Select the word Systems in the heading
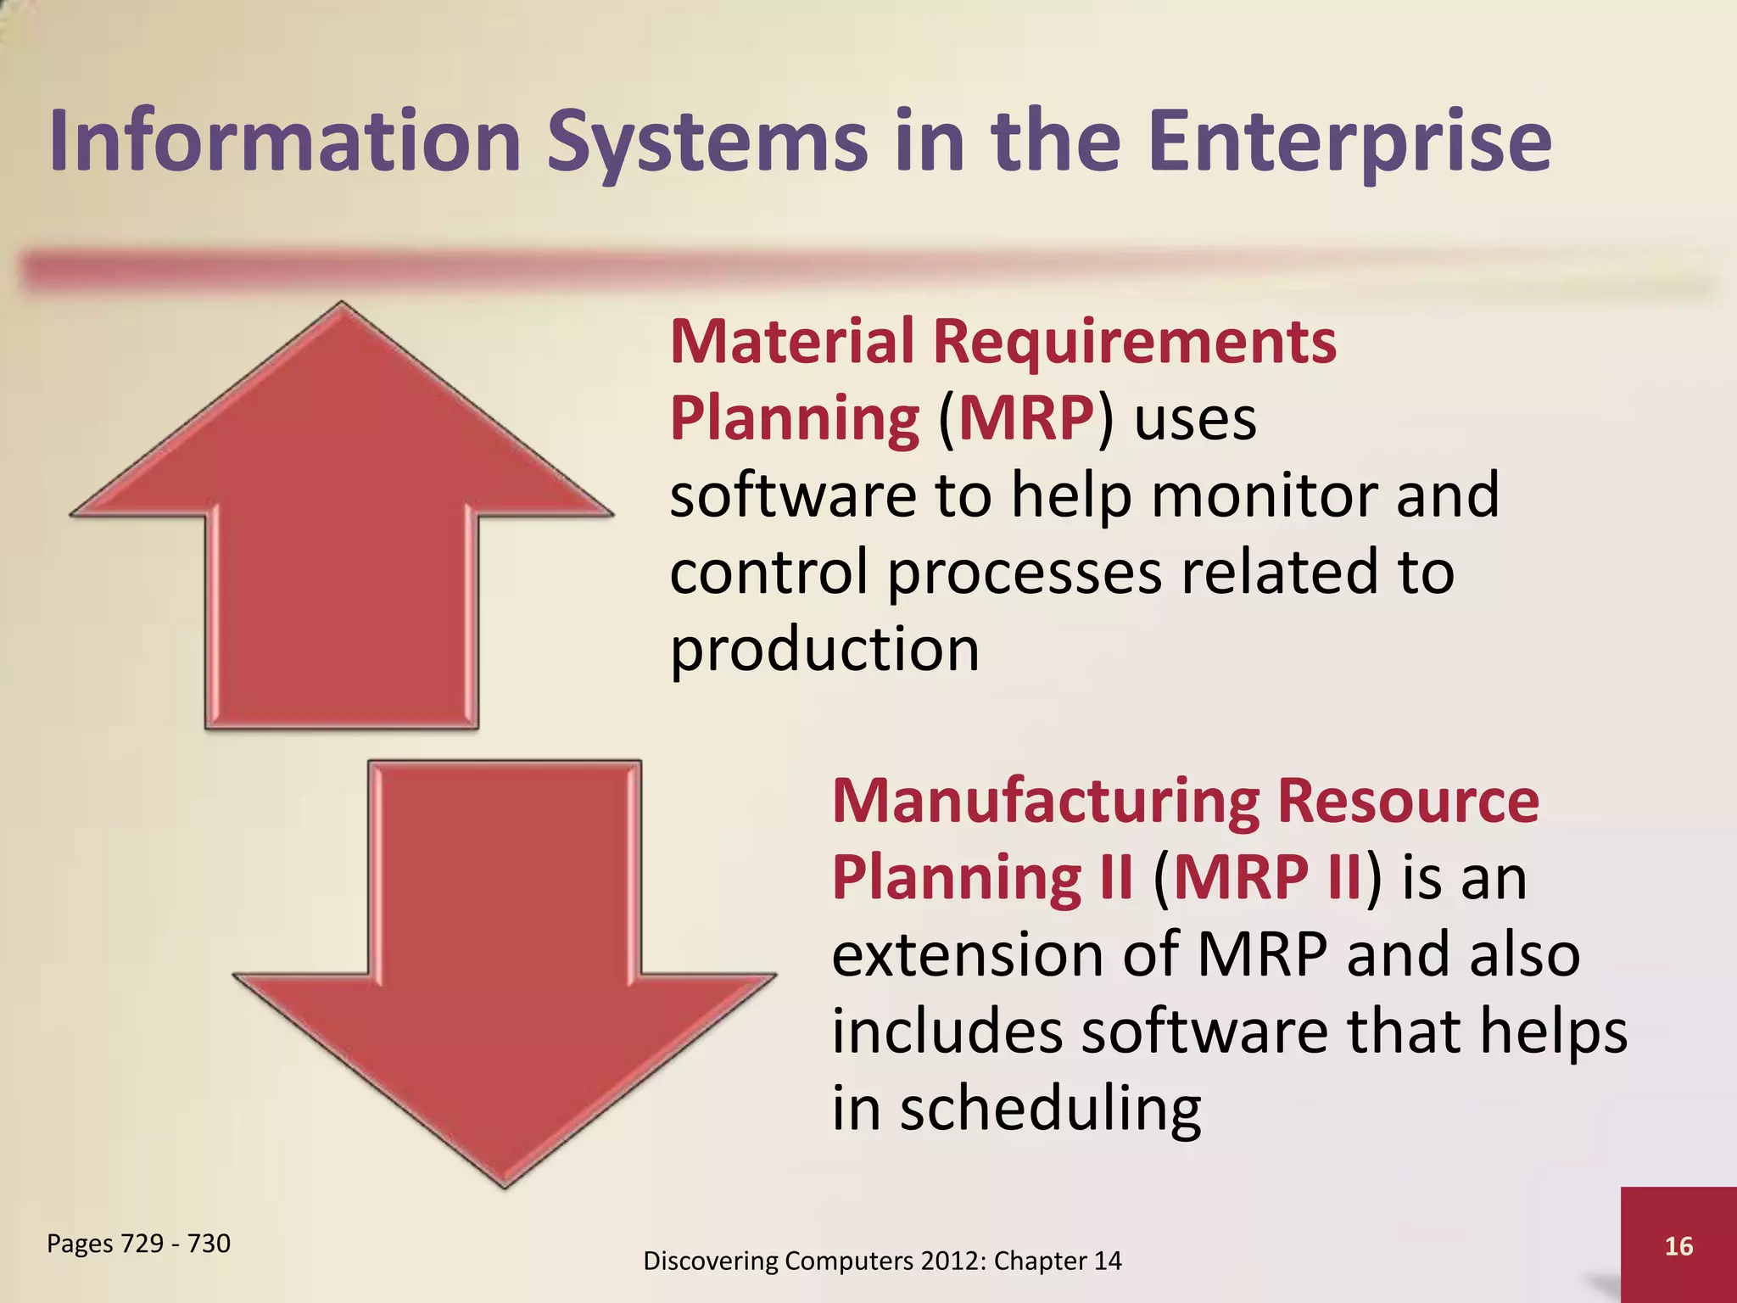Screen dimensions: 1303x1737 tap(707, 143)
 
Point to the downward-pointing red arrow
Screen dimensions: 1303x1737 tap(505, 976)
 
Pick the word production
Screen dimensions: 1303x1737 tap(824, 650)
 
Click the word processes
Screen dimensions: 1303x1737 tap(1025, 573)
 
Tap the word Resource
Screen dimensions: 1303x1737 tap(1408, 801)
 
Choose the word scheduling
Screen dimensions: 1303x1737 tap(1050, 1110)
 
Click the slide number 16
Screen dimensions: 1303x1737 tap(1678, 1246)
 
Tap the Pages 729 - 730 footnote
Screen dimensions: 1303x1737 tap(138, 1243)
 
